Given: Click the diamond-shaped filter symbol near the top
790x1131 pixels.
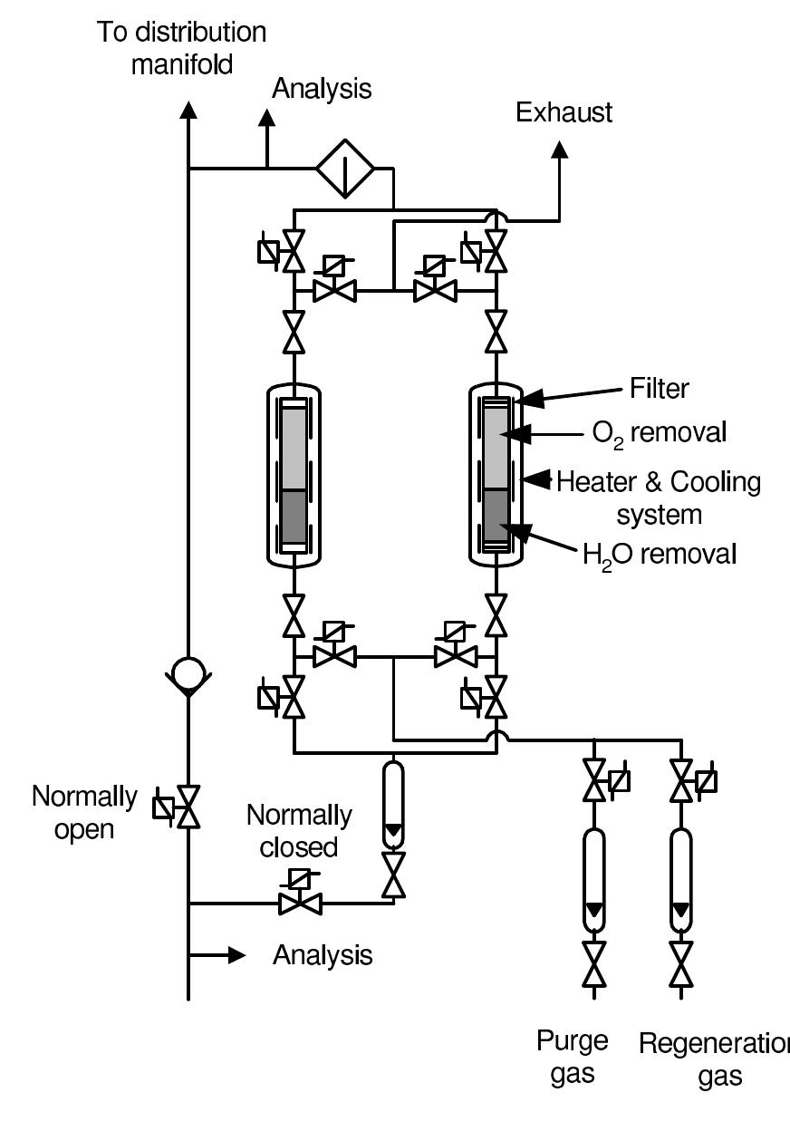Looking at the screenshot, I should [x=345, y=168].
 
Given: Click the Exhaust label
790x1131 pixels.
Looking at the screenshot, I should [x=564, y=112].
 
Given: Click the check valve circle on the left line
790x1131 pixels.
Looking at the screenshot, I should [x=188, y=673].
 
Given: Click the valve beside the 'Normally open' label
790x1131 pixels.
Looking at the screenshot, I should [x=188, y=806].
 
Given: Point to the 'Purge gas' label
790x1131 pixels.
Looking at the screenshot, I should [x=572, y=1057].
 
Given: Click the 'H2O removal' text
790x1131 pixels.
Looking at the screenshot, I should [x=660, y=553].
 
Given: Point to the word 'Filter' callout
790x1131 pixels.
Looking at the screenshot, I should [x=660, y=389].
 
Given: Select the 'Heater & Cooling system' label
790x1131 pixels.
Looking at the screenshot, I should [x=659, y=498].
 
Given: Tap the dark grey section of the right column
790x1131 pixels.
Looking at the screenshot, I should [x=496, y=517].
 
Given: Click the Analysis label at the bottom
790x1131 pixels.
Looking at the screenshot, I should [x=323, y=955].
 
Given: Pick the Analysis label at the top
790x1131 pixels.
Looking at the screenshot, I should [x=322, y=89].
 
